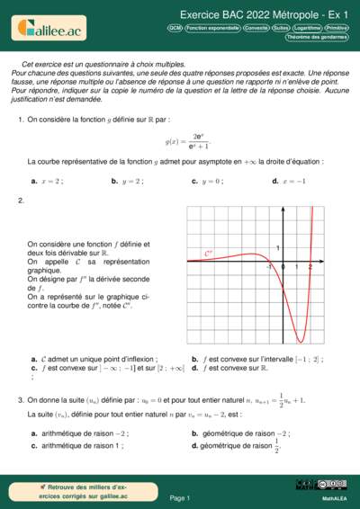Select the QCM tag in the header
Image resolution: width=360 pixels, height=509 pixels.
[x=175, y=29]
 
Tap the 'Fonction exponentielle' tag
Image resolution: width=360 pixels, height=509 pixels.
[x=213, y=29]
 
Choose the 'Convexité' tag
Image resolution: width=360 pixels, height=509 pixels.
[x=256, y=29]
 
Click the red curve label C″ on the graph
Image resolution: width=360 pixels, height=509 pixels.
[x=209, y=254]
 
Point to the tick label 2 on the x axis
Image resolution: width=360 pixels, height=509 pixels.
[x=310, y=267]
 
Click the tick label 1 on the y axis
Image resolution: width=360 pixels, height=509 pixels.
[x=278, y=247]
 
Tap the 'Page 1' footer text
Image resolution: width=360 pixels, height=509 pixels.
[x=180, y=497]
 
